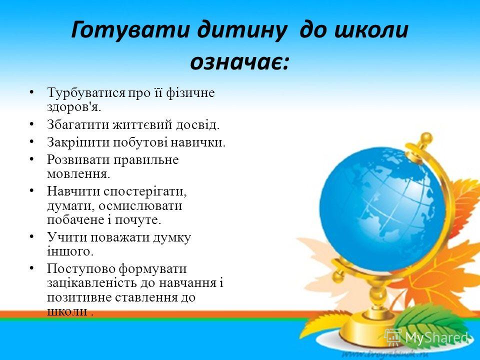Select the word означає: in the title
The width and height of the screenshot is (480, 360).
tap(239, 62)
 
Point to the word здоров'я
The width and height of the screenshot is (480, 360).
tap(74, 106)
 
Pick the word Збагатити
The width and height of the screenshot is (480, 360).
tap(78, 124)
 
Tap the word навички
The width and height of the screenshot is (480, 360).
tap(198, 142)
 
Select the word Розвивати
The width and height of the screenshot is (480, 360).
tap(78, 159)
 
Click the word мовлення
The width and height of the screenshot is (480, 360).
tap(78, 174)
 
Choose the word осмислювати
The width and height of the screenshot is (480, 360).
tap(140, 205)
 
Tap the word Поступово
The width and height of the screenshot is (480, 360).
tap(81, 269)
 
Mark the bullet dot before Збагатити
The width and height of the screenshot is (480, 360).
tap(32, 124)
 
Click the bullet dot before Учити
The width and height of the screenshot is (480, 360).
tap(32, 237)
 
